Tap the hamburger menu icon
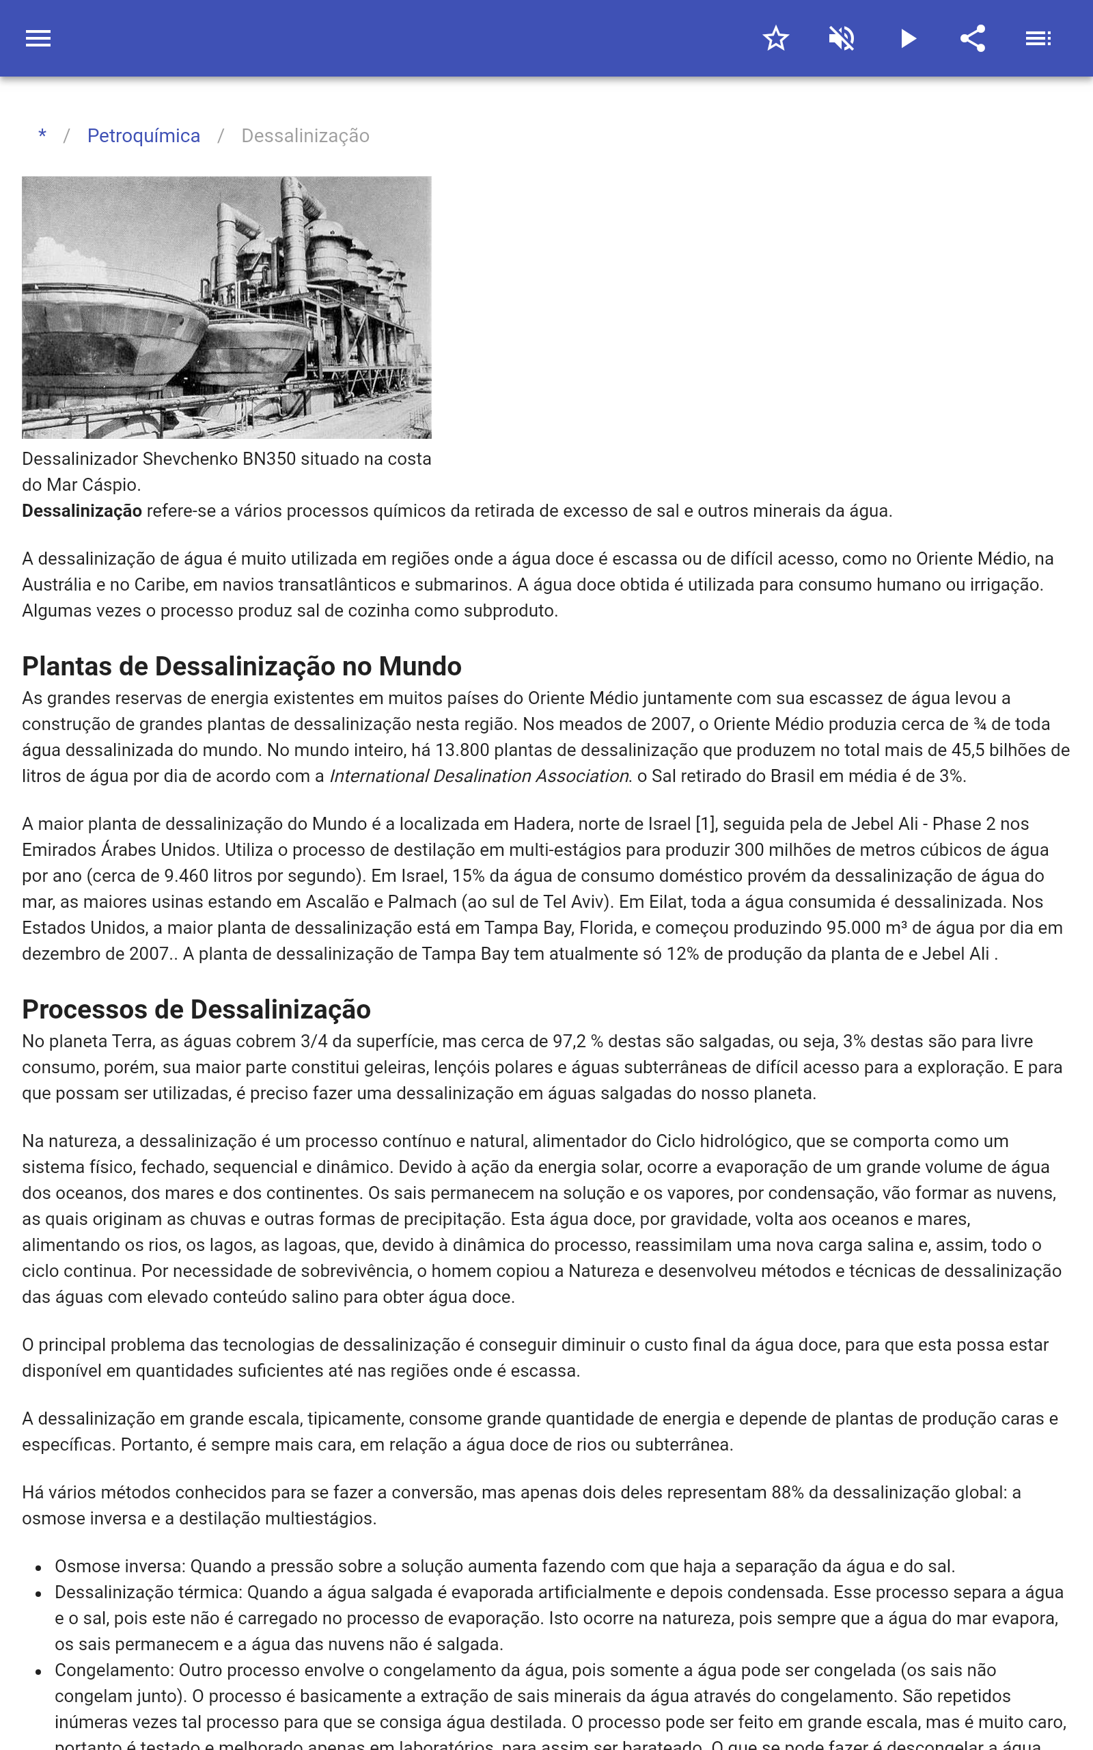click(38, 38)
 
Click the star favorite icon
click(775, 38)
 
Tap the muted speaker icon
click(842, 38)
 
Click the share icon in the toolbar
click(973, 38)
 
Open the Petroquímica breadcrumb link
click(144, 136)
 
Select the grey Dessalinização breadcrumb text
click(305, 136)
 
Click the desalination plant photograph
click(226, 308)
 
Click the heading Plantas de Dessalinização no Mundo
click(241, 666)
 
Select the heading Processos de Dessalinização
click(196, 1010)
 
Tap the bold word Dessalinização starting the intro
click(82, 511)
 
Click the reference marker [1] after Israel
click(706, 824)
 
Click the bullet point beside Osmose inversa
click(38, 1567)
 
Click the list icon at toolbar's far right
click(1038, 38)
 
